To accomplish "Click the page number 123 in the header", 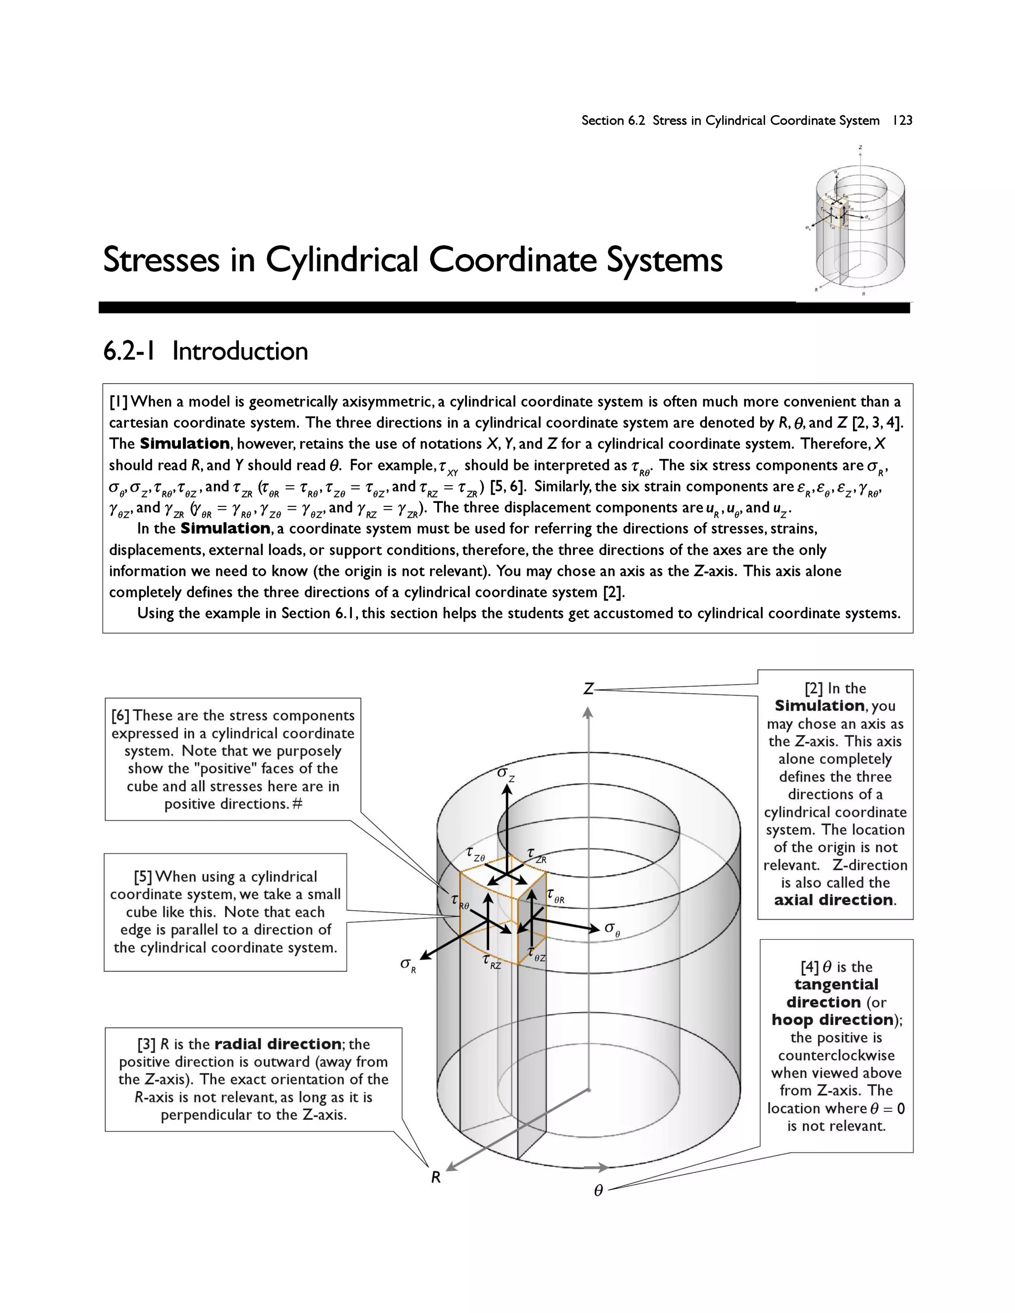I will coord(902,120).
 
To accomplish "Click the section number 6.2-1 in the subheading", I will coord(129,351).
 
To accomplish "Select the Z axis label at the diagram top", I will coord(589,689).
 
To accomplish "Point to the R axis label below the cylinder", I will coord(436,1177).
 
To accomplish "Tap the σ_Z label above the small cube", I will coord(506,774).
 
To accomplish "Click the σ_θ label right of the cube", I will coord(612,929).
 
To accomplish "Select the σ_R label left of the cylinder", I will coord(408,965).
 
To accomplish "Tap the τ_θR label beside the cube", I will coord(556,896).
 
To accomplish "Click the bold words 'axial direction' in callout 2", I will coord(834,900).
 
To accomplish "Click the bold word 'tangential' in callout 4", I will coord(836,984).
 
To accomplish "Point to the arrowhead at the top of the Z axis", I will coord(588,713).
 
